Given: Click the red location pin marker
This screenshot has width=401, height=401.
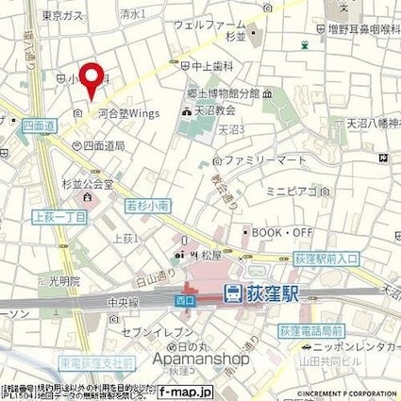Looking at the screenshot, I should point(92,79).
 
